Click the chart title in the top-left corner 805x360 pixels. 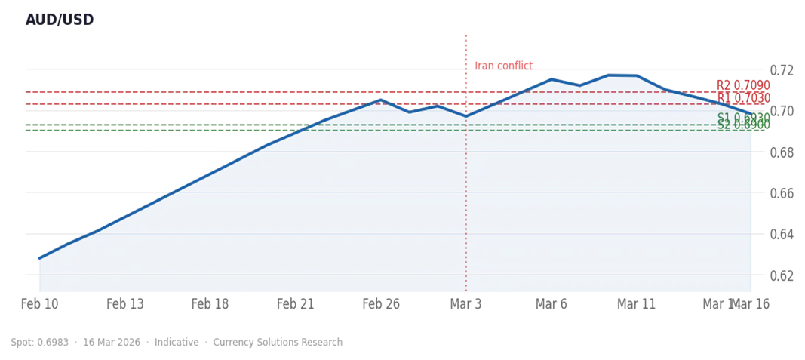60,20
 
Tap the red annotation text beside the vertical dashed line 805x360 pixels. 504,65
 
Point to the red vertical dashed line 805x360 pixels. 467,189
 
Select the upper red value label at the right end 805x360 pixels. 742,85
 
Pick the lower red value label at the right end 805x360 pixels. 742,99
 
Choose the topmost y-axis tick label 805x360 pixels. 782,69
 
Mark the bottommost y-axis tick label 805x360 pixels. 782,275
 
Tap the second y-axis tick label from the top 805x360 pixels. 782,111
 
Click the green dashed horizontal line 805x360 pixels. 151,127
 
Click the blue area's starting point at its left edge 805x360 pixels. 38,254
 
